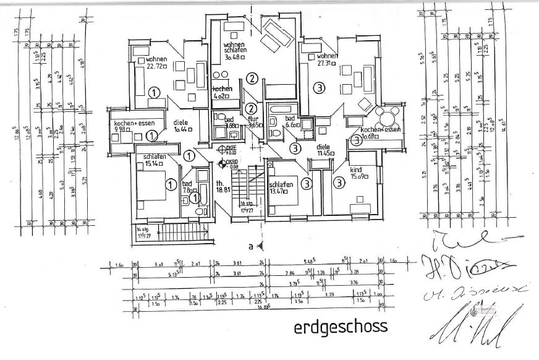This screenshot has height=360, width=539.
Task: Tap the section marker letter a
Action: pos(251,247)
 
